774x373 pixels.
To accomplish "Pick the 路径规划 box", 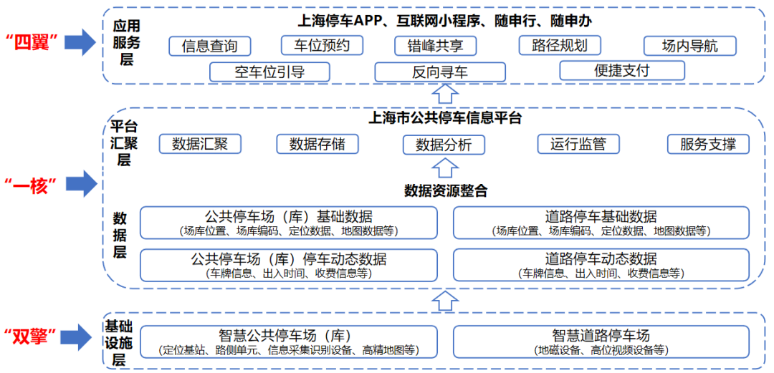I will click(560, 46).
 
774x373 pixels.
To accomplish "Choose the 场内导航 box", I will click(689, 47).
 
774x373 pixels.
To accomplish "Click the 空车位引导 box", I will click(269, 72).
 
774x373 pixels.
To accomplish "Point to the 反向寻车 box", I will click(439, 72).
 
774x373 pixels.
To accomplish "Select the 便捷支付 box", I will click(621, 70).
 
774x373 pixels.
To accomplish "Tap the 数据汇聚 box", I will click(200, 144).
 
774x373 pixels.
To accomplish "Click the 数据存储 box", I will click(317, 144).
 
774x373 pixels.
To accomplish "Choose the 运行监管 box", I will click(578, 144).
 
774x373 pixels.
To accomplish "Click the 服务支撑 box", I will click(708, 144).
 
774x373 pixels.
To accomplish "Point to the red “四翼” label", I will click(34, 42).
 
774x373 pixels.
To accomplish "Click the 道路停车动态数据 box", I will click(601, 265).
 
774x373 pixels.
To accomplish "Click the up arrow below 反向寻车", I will click(446, 94).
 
